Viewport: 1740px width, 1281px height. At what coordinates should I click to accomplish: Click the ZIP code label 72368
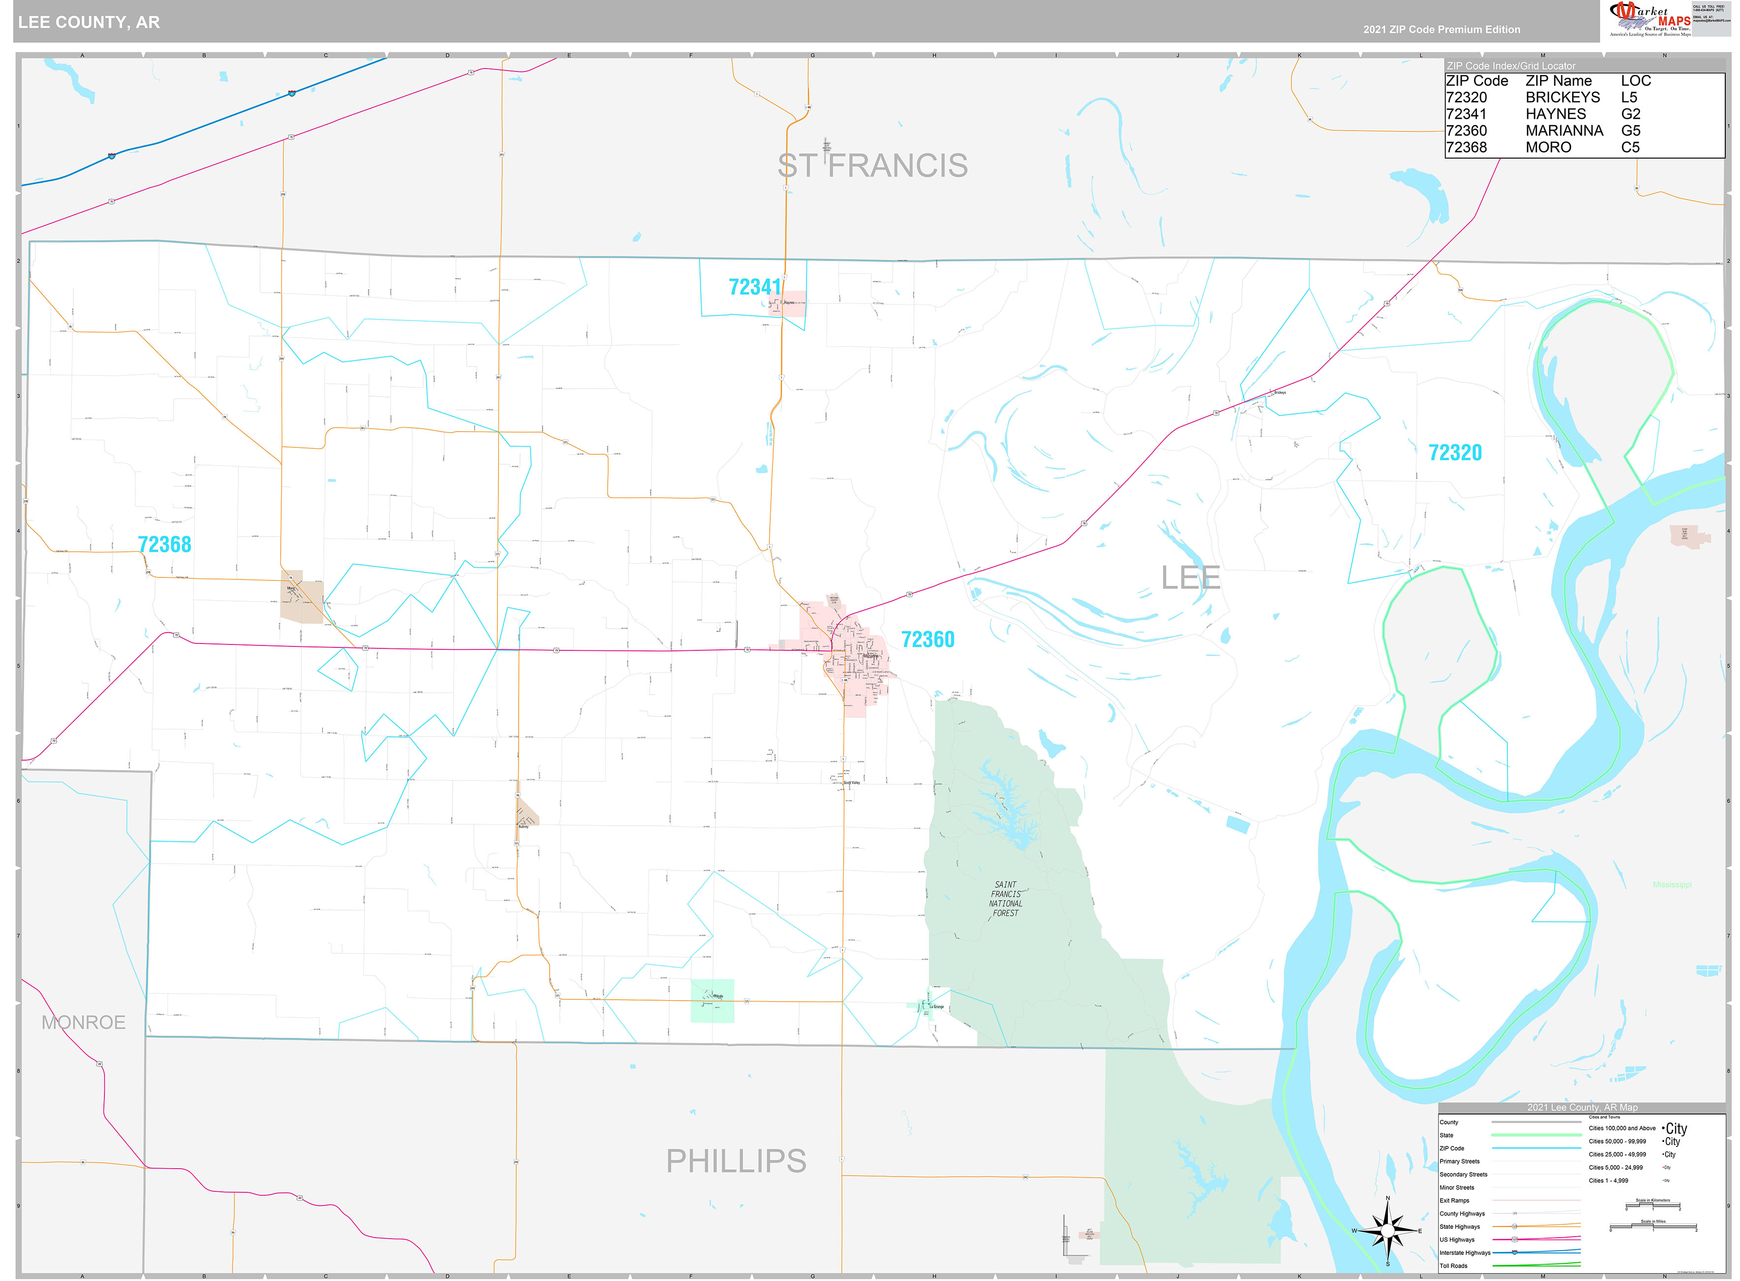[x=164, y=544]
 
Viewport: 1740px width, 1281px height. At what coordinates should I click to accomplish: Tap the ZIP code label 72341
[x=754, y=287]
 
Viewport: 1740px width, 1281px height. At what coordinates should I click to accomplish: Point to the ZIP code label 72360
[x=927, y=639]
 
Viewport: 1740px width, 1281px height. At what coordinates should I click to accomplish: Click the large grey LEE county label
[x=1190, y=578]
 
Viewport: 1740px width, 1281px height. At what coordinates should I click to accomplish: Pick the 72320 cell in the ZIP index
[x=1466, y=98]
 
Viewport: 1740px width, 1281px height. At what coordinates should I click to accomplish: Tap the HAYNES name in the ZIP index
[x=1555, y=114]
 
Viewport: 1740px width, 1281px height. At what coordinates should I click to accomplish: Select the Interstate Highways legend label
[x=1464, y=1252]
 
